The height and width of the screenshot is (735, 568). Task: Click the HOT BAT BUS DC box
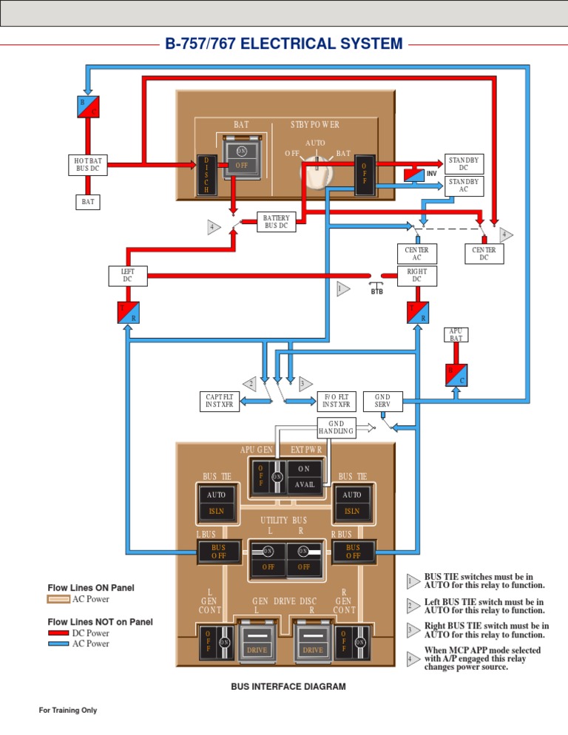coord(87,164)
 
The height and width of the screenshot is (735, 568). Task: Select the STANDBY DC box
coord(464,164)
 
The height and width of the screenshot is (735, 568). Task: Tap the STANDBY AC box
coord(464,186)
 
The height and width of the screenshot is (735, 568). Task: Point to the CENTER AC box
coord(416,254)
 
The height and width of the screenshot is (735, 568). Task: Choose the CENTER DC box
coord(484,254)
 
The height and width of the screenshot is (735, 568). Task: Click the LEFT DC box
coord(128,275)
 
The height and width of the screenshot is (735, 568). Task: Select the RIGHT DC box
coord(416,275)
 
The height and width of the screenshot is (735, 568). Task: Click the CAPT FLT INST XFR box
coord(220,401)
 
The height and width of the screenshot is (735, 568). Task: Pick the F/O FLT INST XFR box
coord(337,401)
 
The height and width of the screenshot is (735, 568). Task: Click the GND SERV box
coord(383,401)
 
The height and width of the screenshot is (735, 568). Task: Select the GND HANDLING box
coord(336,427)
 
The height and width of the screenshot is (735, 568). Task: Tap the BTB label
coord(377,291)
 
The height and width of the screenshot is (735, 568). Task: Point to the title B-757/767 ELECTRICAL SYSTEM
coord(283,44)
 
